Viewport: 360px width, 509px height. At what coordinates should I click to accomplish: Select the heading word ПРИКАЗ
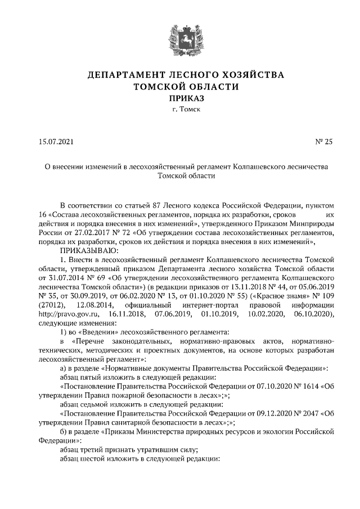click(x=180, y=98)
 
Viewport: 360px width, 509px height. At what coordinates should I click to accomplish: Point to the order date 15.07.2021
click(x=56, y=141)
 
